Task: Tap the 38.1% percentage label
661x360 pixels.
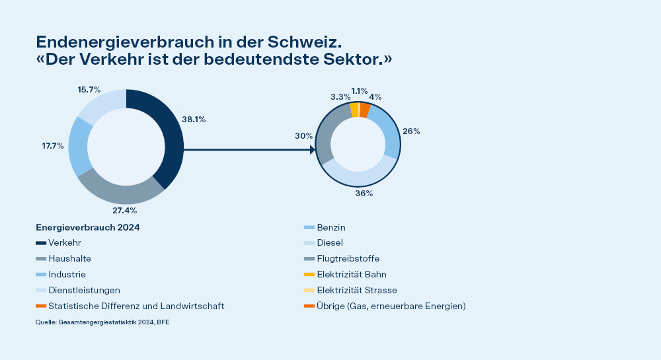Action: (194, 120)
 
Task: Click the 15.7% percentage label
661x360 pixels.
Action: (89, 89)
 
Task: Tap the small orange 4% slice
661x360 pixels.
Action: (364, 110)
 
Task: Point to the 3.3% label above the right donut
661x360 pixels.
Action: (341, 96)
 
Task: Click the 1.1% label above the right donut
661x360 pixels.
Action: (360, 91)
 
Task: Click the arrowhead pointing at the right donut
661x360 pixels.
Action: (312, 150)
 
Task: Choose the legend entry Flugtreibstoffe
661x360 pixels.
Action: (348, 258)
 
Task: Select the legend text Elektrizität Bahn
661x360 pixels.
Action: (352, 274)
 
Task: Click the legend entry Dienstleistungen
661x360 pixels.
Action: (85, 290)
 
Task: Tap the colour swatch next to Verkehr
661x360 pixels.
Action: (41, 242)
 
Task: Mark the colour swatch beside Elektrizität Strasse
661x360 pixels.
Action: (309, 290)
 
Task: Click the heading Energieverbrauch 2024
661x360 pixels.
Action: (88, 227)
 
